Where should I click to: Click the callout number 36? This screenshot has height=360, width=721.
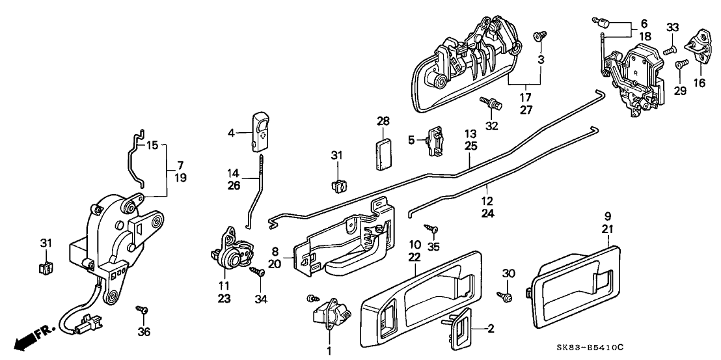(144, 332)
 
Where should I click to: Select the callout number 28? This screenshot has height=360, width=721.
(383, 121)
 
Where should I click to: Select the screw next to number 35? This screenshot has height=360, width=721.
(431, 228)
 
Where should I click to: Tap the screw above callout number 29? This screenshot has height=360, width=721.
(680, 64)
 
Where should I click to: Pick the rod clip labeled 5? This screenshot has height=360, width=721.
(433, 141)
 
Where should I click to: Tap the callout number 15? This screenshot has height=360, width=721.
(152, 145)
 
